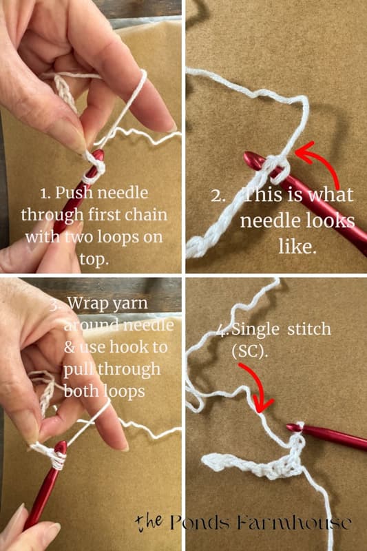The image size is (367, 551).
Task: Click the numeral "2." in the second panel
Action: (218, 196)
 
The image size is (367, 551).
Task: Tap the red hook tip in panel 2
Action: (249, 160)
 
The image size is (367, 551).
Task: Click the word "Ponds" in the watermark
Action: (200, 523)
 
